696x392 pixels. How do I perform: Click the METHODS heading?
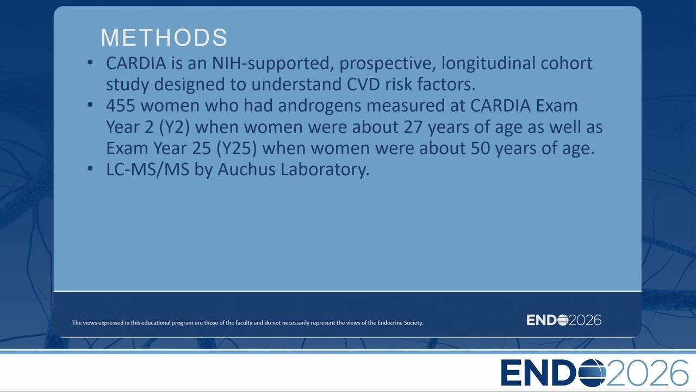pos(164,38)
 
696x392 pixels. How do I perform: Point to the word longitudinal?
pos(488,64)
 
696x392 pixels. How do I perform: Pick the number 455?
pos(121,106)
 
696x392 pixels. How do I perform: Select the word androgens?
pos(319,106)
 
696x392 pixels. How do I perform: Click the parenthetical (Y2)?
pos(174,127)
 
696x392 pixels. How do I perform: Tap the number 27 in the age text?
pos(413,127)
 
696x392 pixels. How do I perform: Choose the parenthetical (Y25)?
pos(237,149)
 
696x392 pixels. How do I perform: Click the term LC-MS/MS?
pos(147,169)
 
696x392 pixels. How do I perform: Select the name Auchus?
pos(247,169)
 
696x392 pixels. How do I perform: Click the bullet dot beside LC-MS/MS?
pos(90,169)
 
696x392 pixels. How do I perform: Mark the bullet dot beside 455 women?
pos(90,105)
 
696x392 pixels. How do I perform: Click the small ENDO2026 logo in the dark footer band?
pos(564,320)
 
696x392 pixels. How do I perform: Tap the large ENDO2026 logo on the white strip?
pos(594,373)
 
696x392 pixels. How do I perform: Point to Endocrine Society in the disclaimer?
pos(400,323)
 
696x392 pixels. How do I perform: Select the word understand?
pos(296,84)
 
